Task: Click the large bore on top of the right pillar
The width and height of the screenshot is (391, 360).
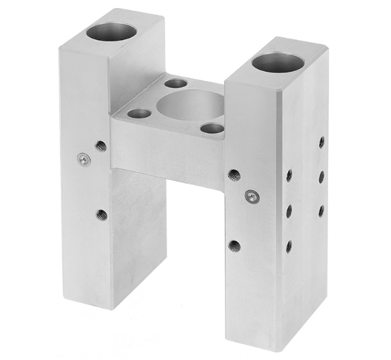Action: (278, 63)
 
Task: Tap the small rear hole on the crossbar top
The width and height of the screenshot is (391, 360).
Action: (176, 84)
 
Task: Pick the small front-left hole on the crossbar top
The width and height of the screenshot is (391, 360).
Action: (139, 114)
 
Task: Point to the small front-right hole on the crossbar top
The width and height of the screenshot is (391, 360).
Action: (212, 128)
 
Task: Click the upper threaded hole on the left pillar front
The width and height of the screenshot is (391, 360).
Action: (101, 145)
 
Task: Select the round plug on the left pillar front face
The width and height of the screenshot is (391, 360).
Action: (83, 159)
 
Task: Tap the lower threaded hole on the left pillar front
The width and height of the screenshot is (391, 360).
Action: (101, 215)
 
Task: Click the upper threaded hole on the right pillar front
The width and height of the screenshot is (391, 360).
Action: (234, 175)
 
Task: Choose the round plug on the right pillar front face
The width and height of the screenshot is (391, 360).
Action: (251, 196)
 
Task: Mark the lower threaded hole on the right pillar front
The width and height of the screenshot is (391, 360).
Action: (234, 246)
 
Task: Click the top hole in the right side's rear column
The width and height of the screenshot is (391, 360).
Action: (322, 142)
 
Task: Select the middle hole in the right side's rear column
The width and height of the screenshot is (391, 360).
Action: (322, 176)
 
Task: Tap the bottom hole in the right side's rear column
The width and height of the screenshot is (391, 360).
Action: (321, 210)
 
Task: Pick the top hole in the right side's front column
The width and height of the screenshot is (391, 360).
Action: (289, 175)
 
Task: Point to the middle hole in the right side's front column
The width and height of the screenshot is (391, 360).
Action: (289, 211)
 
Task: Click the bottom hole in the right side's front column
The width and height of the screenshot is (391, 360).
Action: (289, 246)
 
